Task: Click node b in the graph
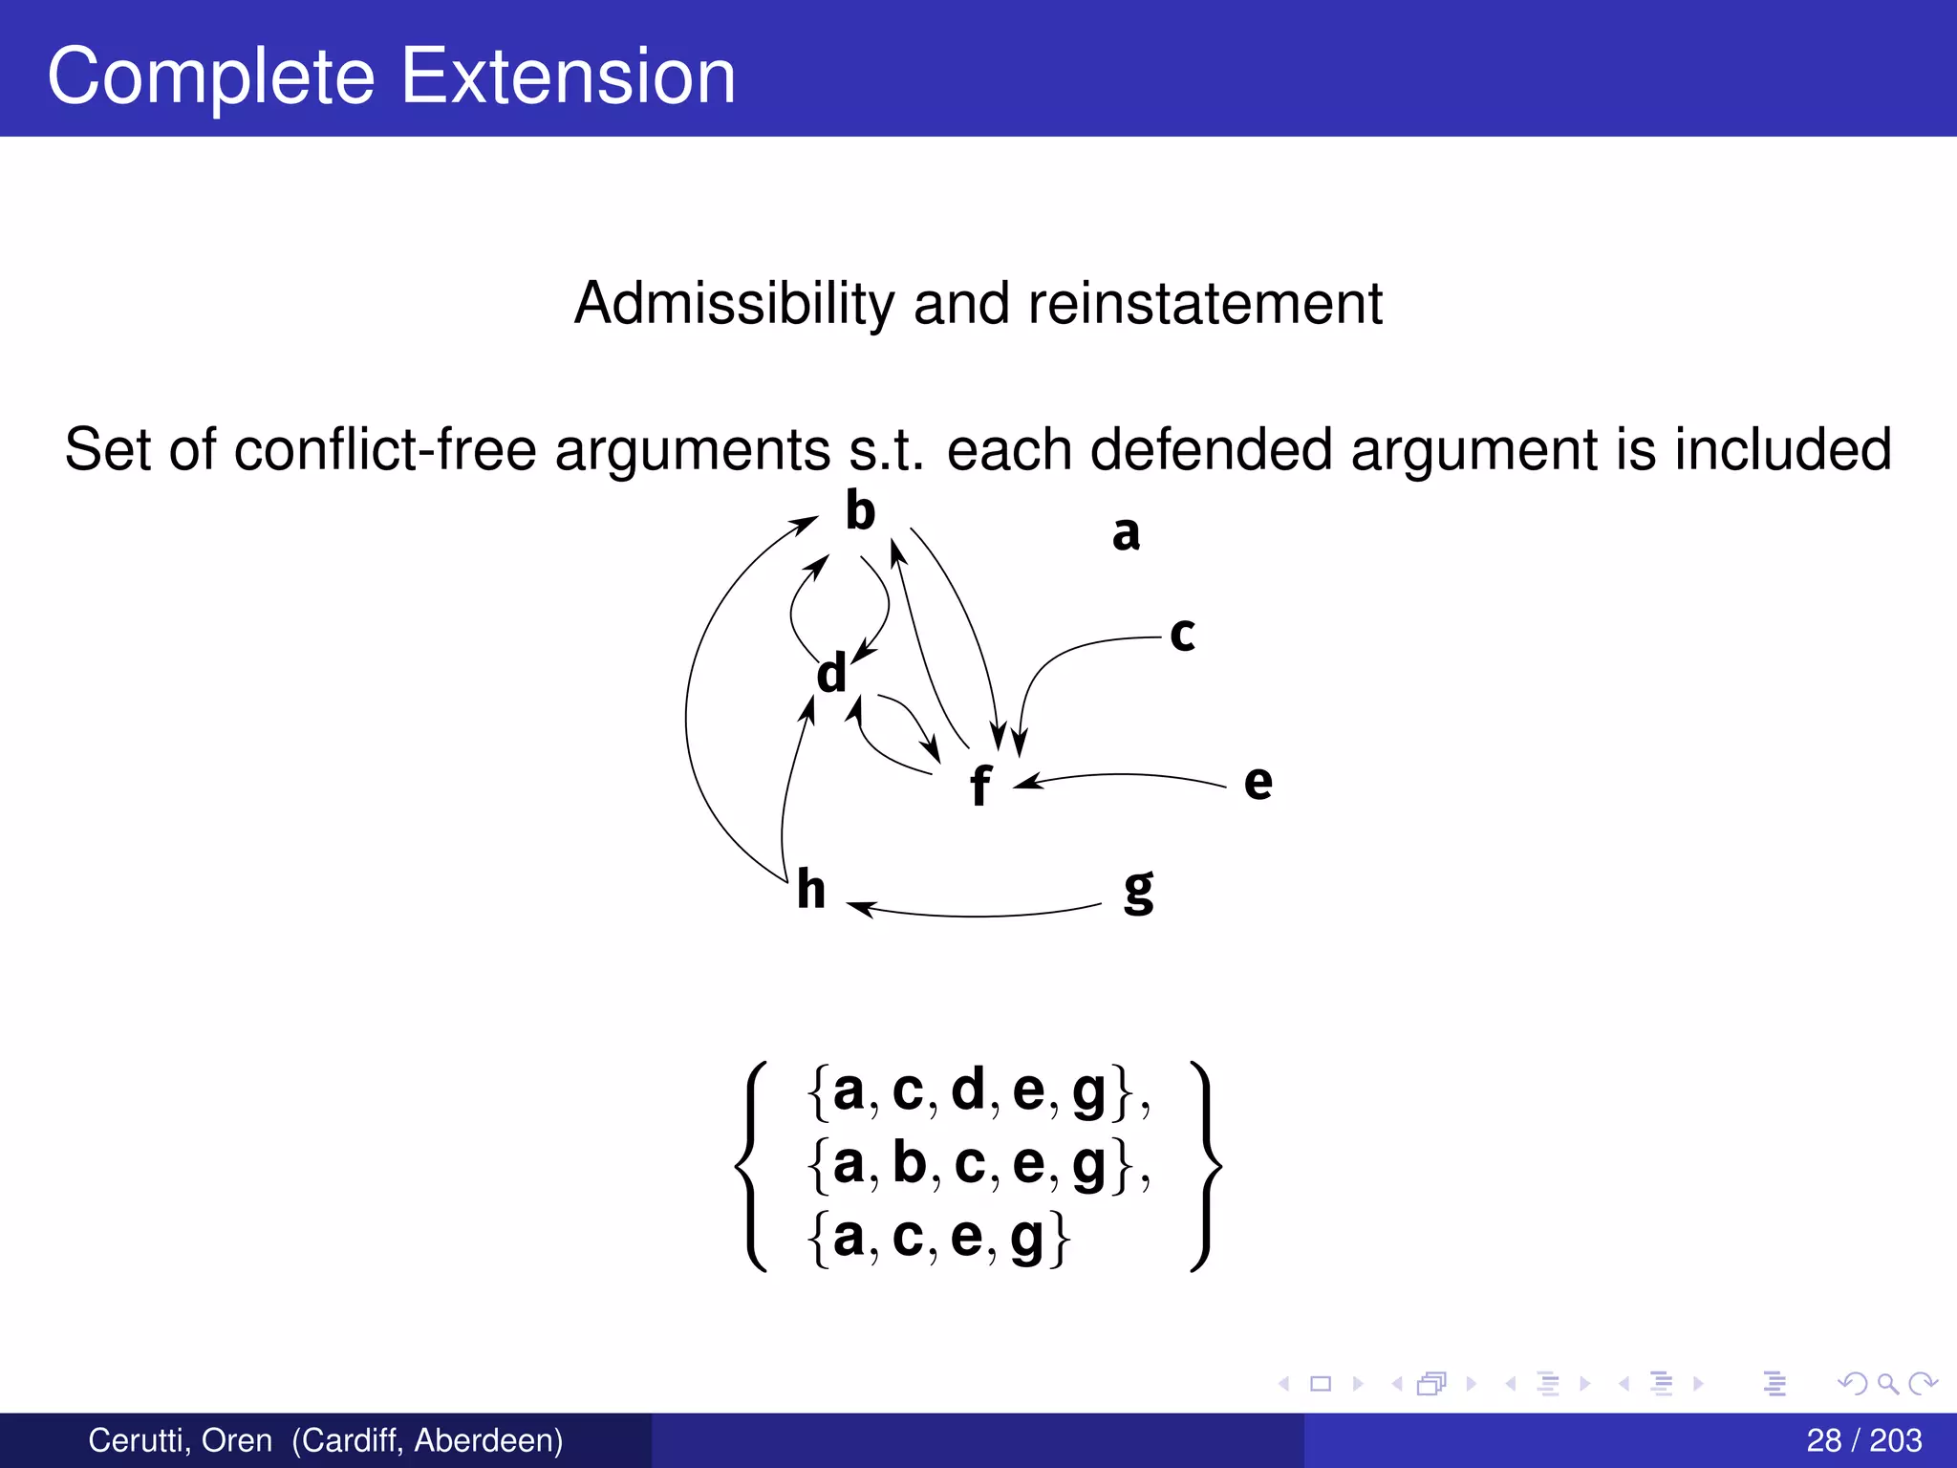pyautogui.click(x=860, y=511)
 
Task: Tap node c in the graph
pyautogui.click(x=1182, y=635)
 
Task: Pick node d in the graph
pyautogui.click(x=831, y=674)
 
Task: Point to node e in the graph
pyautogui.click(x=1258, y=783)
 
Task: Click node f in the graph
pyautogui.click(x=980, y=787)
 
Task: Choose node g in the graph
pyautogui.click(x=1138, y=891)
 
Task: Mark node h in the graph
pyautogui.click(x=810, y=890)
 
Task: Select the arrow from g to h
pyautogui.click(x=975, y=916)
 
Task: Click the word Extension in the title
pyautogui.click(x=568, y=76)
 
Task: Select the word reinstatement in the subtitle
pyautogui.click(x=1205, y=304)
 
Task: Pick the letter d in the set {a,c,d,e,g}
pyautogui.click(x=967, y=1089)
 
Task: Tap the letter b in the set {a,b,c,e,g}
pyautogui.click(x=909, y=1163)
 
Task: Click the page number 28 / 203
pyautogui.click(x=1863, y=1440)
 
